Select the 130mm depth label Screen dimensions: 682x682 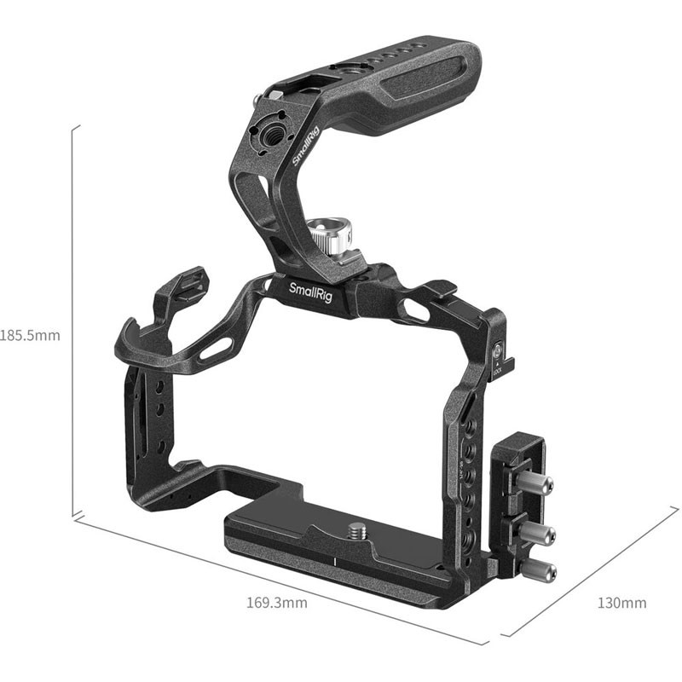click(621, 603)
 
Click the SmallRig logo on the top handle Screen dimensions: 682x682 click(303, 150)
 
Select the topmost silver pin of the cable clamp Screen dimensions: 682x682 click(539, 486)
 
